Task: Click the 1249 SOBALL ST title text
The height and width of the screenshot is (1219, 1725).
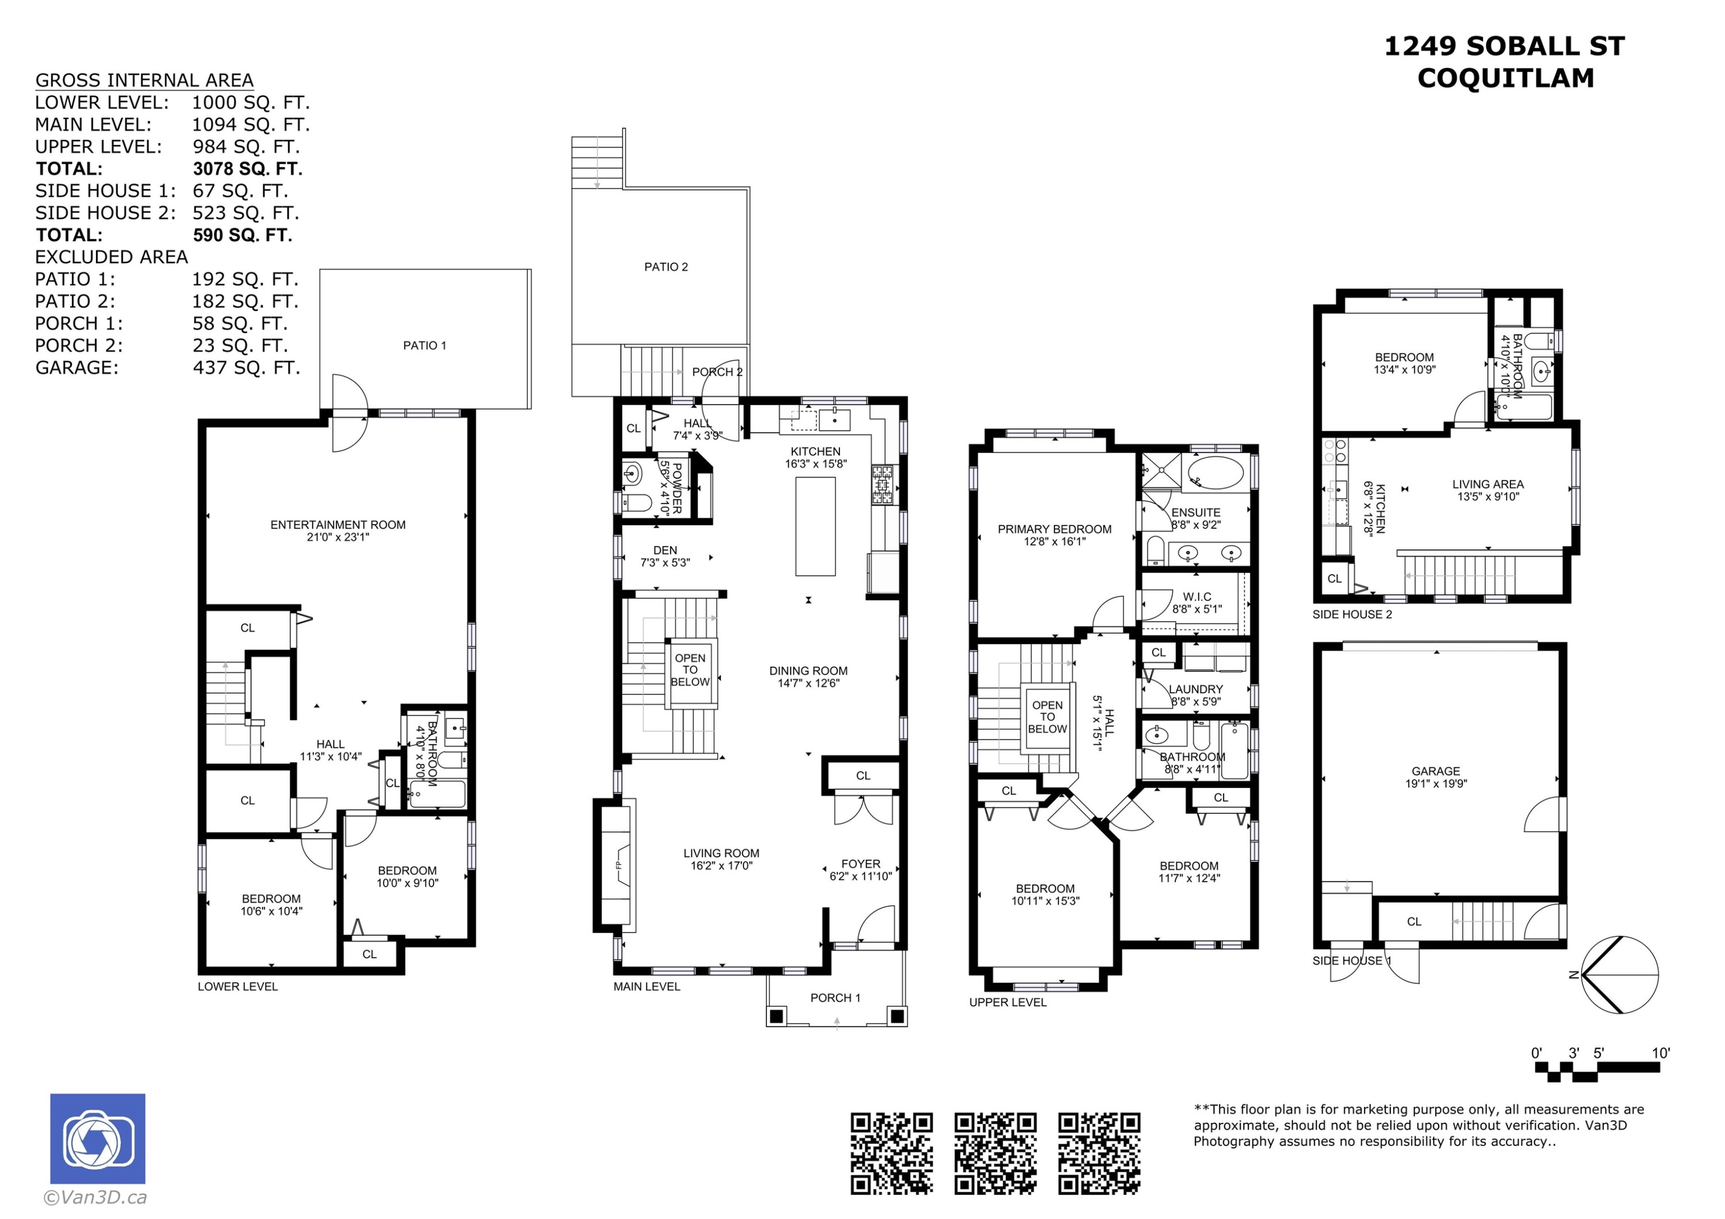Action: (x=1504, y=47)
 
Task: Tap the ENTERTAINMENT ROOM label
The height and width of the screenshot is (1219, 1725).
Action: (x=338, y=525)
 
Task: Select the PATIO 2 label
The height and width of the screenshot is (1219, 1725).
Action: (x=666, y=267)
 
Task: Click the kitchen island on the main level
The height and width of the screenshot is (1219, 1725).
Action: (x=815, y=526)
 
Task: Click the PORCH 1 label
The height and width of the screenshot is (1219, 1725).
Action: (x=835, y=997)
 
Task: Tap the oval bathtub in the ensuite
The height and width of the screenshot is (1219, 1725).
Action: (x=1216, y=472)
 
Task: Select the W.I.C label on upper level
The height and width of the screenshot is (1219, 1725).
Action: (x=1196, y=597)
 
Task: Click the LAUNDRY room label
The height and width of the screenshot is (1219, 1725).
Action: (x=1195, y=689)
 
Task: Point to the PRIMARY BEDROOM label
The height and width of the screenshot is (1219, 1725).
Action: (x=1054, y=529)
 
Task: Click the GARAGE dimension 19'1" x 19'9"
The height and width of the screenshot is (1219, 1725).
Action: (x=1436, y=783)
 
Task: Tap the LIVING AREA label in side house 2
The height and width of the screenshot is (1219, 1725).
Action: (x=1488, y=484)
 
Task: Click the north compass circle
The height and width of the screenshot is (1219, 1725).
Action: (x=1619, y=975)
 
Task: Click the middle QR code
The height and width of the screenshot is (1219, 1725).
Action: (x=995, y=1153)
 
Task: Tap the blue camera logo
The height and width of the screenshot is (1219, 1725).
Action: (x=98, y=1139)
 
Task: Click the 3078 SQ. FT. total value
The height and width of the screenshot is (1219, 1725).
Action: (x=247, y=169)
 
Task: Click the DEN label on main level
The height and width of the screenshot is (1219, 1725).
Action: (x=665, y=550)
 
